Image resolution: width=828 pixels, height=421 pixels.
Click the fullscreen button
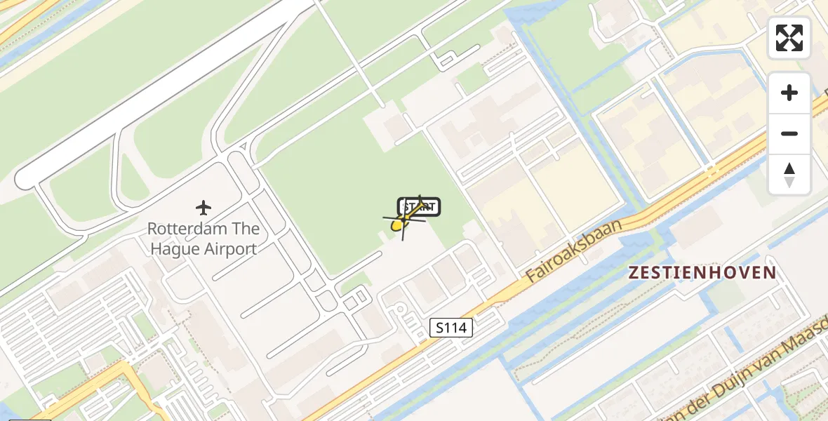789,38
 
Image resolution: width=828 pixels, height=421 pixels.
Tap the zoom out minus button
789,133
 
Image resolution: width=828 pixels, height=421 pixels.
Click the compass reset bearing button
789,175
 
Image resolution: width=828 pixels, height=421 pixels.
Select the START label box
420,207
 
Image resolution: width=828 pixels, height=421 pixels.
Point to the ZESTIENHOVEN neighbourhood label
702,273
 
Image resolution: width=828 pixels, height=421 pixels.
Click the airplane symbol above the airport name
203,208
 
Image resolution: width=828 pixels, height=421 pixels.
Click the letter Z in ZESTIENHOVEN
634,273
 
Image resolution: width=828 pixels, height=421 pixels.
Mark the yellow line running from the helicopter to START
413,213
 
